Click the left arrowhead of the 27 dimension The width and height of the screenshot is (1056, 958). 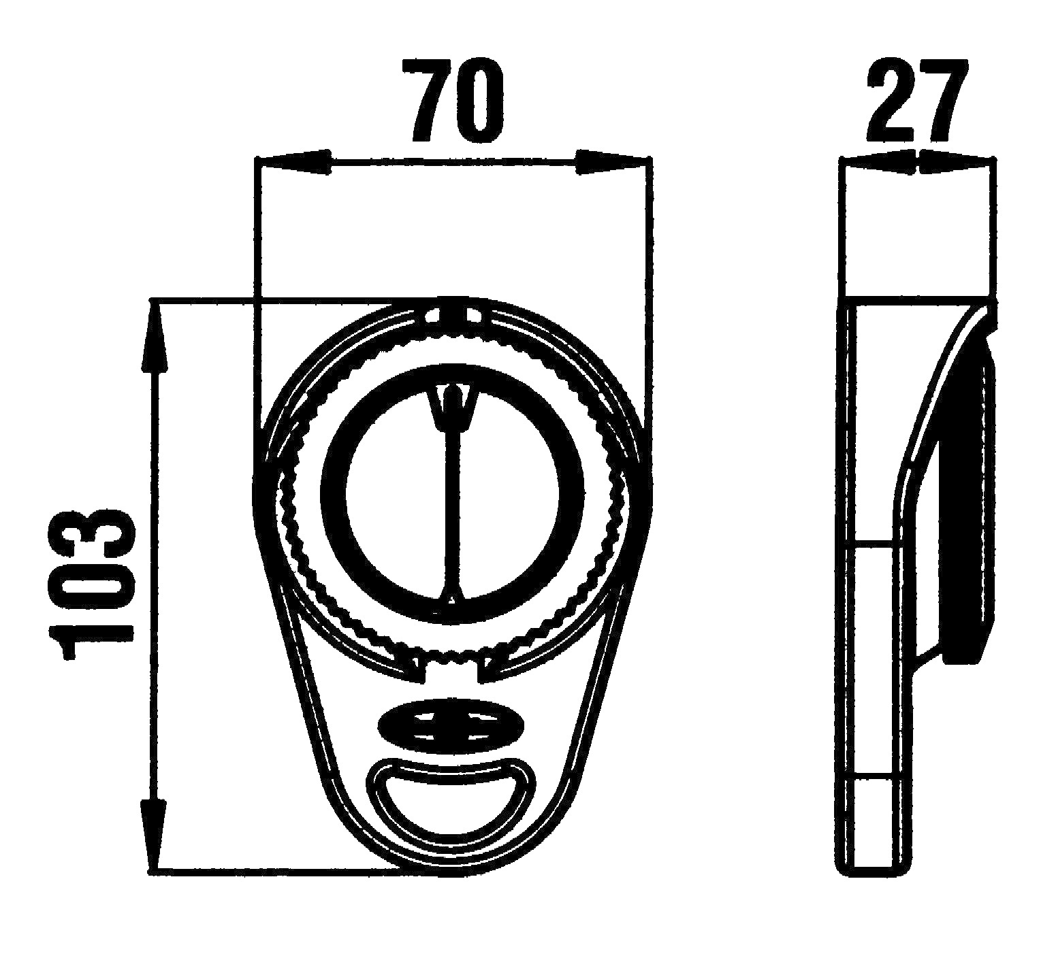(878, 163)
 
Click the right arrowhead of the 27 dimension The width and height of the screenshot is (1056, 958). (957, 163)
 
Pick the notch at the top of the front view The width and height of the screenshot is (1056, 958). (450, 314)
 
